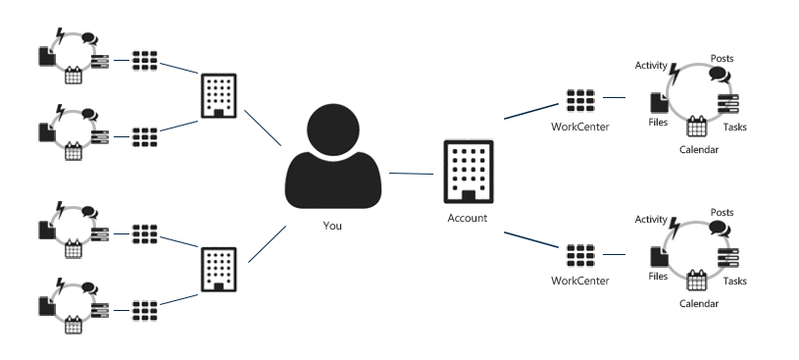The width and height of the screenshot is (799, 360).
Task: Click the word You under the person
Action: [333, 226]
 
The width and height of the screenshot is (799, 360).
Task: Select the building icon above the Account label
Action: [466, 173]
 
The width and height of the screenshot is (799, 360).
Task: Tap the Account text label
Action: [466, 218]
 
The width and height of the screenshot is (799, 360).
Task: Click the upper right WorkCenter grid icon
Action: [580, 100]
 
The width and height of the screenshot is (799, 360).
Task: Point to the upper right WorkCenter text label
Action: [579, 125]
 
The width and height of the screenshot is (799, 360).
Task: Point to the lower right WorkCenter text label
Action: [579, 281]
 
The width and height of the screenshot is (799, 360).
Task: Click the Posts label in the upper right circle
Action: [722, 58]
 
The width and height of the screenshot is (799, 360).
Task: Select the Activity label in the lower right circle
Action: [651, 219]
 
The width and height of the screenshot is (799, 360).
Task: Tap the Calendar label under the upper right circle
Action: [699, 150]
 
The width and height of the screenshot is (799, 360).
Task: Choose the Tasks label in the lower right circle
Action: [735, 282]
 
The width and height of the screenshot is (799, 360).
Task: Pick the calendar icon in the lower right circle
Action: [697, 281]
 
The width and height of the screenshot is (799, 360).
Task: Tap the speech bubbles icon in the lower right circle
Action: [719, 230]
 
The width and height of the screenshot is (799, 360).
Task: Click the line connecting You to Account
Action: [412, 175]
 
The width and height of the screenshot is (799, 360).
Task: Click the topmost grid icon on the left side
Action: [145, 60]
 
